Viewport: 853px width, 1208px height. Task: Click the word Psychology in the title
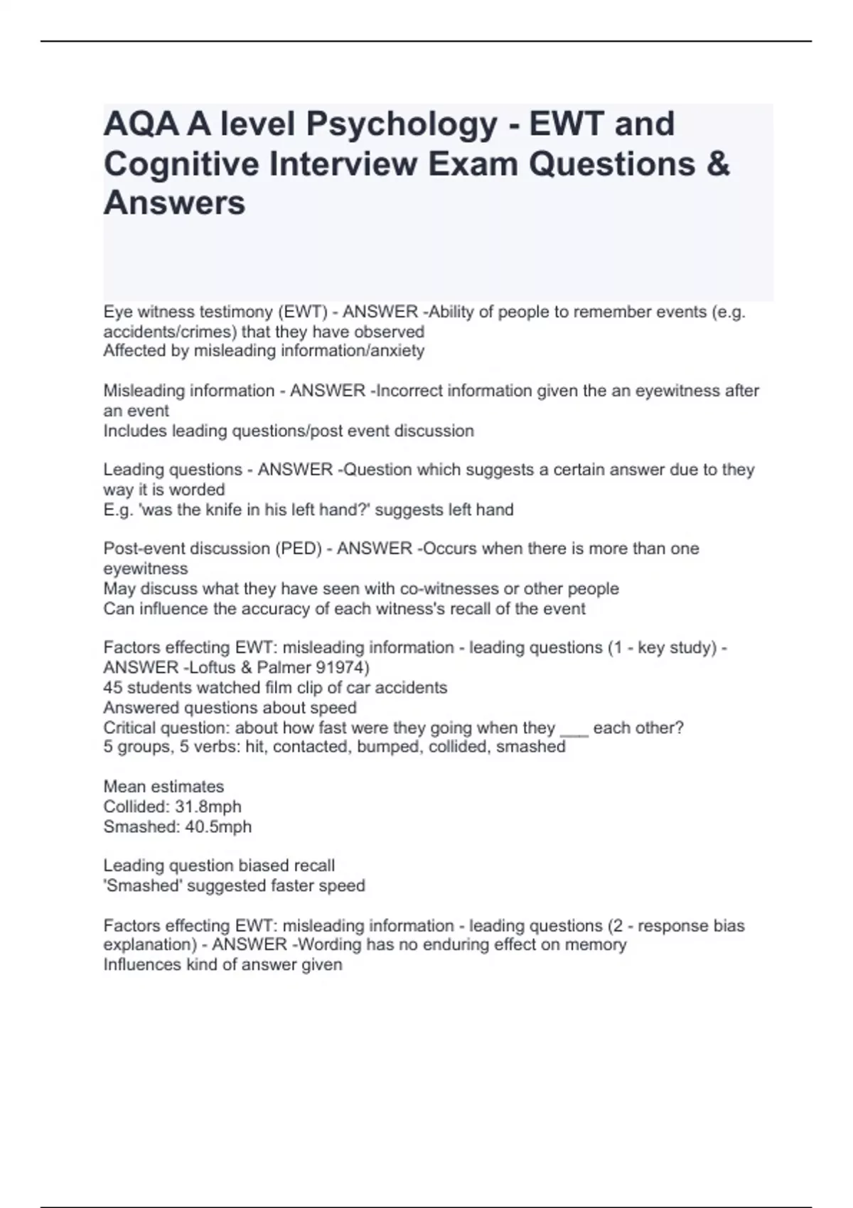click(x=402, y=124)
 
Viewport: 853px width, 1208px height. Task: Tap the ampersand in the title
click(x=718, y=164)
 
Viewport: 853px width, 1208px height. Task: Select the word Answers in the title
click(x=174, y=203)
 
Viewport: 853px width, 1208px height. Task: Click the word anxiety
click(x=400, y=350)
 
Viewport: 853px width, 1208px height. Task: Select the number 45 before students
click(x=113, y=687)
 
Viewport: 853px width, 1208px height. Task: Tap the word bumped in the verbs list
click(x=390, y=747)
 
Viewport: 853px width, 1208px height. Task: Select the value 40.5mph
click(x=218, y=826)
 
